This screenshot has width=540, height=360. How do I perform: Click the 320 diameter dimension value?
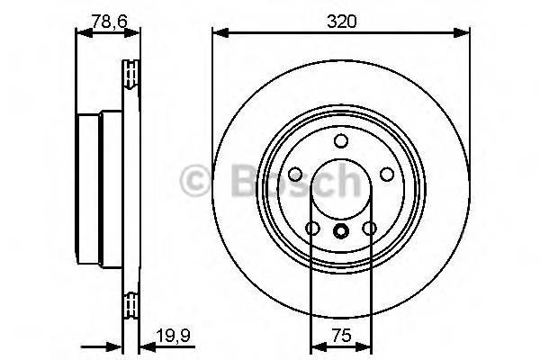tap(341, 20)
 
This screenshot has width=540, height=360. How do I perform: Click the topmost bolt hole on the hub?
tap(341, 141)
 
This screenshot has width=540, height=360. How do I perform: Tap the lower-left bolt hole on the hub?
tap(312, 229)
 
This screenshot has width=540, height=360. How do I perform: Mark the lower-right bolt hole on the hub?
tap(369, 229)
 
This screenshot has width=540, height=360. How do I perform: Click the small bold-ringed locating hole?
tap(341, 231)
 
